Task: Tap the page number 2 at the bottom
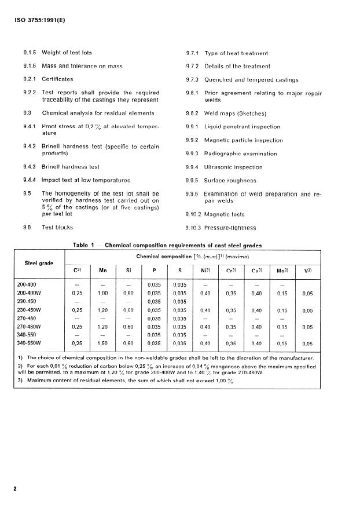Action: [15, 488]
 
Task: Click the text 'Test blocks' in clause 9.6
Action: [58, 228]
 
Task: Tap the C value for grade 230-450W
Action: [77, 310]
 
